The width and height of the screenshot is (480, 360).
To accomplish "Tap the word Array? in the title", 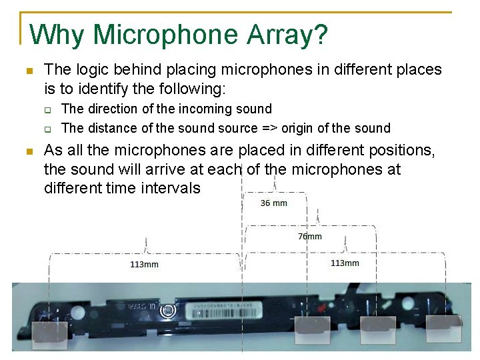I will [290, 35].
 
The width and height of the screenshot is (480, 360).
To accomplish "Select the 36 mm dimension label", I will [274, 203].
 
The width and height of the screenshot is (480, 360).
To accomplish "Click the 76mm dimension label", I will [309, 236].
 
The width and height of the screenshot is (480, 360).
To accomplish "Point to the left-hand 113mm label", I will [144, 265].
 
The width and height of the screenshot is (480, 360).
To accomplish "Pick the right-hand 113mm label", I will [345, 263].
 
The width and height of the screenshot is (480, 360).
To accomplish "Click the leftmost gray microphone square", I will [51, 331].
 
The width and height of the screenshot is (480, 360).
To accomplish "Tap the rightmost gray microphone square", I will [443, 329].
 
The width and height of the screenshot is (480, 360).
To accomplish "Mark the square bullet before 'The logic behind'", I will [28, 70].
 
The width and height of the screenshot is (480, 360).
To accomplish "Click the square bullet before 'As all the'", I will [28, 151].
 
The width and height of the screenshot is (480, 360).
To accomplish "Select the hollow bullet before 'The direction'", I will [48, 109].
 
